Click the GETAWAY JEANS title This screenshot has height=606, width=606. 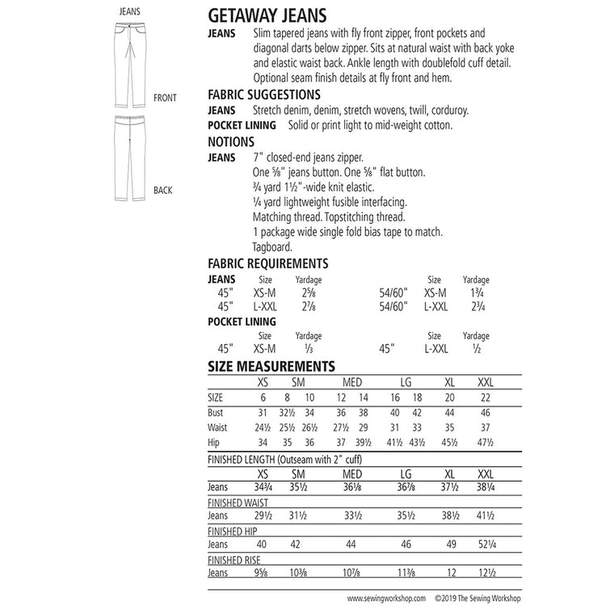point(257,15)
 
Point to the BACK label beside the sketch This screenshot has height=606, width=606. point(163,191)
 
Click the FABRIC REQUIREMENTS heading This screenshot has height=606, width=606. point(267,263)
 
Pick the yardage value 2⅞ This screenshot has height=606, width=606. point(307,307)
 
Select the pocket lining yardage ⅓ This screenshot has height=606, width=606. point(307,348)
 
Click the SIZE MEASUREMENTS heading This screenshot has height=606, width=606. point(271,366)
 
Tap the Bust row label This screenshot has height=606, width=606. point(216,412)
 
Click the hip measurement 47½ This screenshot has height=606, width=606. point(484,443)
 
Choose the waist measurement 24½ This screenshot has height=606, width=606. point(262,427)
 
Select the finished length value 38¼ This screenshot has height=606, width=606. point(484,487)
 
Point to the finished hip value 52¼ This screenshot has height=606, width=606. point(484,545)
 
